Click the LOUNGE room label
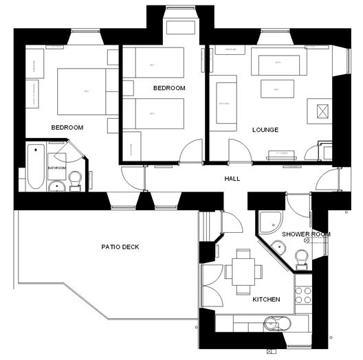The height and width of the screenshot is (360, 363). (265, 129)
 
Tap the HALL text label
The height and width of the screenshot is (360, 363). (232, 179)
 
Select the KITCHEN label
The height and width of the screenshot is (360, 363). (266, 300)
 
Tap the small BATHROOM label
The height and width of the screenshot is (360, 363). (56, 167)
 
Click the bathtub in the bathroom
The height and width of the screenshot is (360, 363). (35, 166)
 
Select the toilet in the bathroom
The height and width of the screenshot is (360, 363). (75, 180)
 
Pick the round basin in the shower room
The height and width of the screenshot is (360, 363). (278, 248)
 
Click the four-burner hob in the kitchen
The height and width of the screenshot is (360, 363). (302, 294)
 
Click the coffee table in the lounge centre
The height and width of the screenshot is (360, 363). (278, 89)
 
